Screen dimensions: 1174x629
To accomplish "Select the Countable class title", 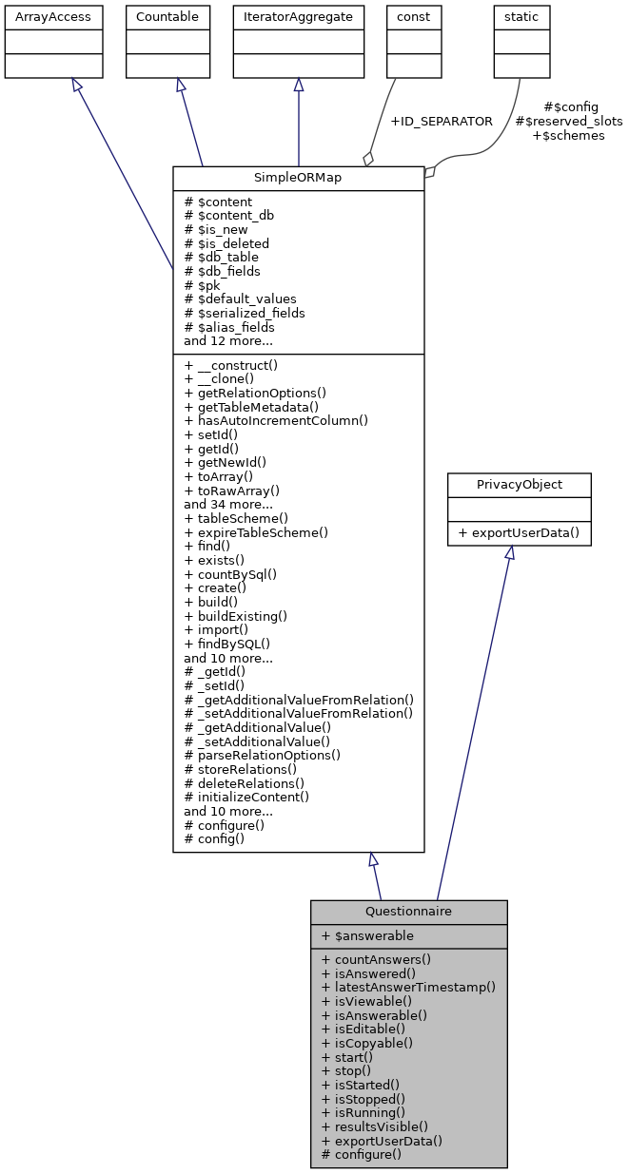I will (167, 16).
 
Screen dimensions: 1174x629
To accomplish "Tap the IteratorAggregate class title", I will (298, 16).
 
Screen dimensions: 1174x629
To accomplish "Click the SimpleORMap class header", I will (298, 179).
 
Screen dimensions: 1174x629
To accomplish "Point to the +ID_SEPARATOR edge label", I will (441, 121).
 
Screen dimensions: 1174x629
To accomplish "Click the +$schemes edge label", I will (568, 135).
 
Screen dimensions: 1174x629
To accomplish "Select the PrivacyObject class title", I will (519, 485).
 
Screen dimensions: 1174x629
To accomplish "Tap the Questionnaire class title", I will (408, 912).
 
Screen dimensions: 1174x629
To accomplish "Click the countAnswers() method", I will (376, 959).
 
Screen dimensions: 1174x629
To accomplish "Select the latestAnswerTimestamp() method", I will (408, 987).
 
